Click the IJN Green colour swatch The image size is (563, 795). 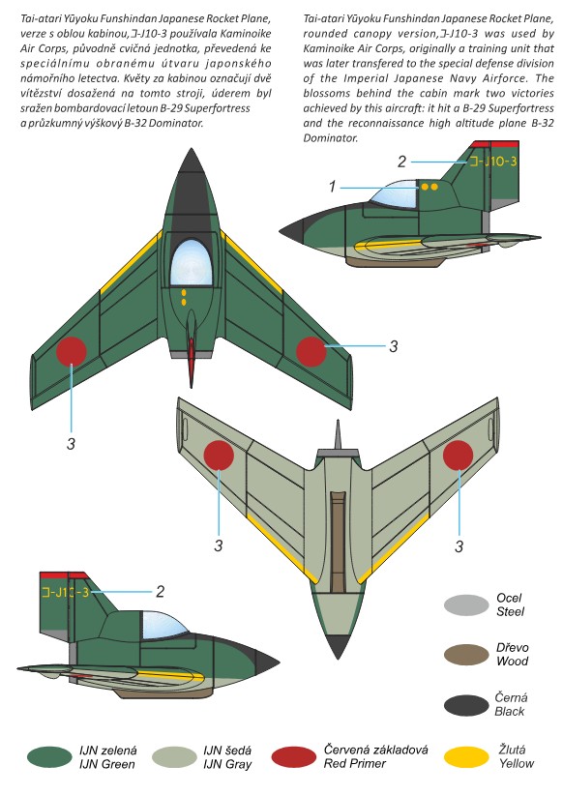[x=49, y=757]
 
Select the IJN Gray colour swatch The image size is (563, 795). [x=174, y=757]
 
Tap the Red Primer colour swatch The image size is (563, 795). [x=294, y=757]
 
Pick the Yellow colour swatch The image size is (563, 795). [x=466, y=757]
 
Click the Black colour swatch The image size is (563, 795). [x=466, y=705]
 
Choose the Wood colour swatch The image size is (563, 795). [x=466, y=655]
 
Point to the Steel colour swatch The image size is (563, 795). [x=466, y=604]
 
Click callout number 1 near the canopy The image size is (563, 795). [x=332, y=187]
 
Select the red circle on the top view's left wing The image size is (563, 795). [x=72, y=351]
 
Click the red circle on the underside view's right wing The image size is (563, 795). [x=458, y=455]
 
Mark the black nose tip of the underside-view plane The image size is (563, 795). [x=338, y=646]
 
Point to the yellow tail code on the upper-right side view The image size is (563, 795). [x=493, y=162]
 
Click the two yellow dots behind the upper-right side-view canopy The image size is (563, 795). [x=430, y=187]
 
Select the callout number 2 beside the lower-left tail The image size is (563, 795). [x=161, y=592]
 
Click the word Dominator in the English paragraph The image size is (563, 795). [x=331, y=138]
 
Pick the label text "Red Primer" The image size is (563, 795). [x=355, y=763]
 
